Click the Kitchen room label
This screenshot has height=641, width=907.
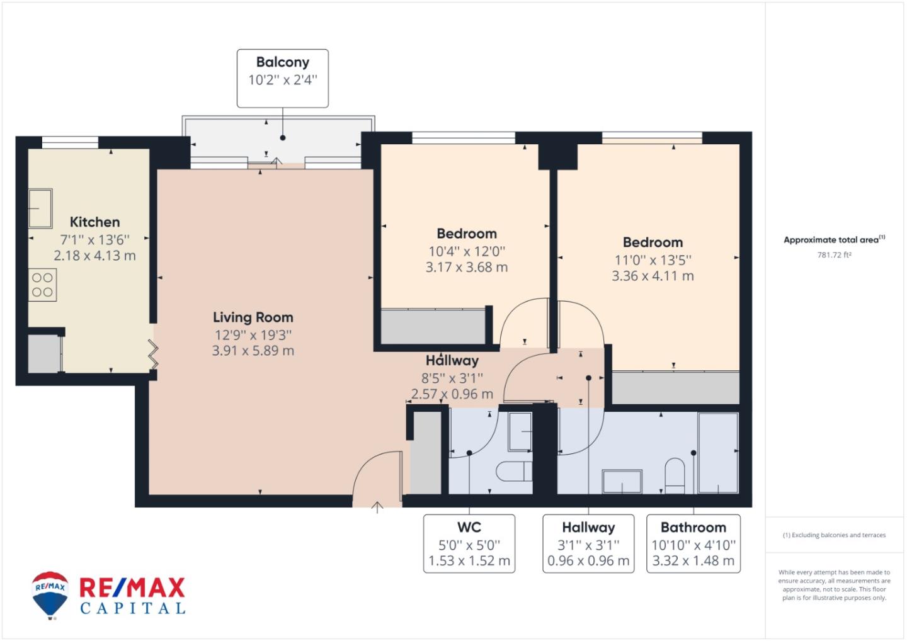pyautogui.click(x=94, y=222)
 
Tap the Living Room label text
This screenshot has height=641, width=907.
pyautogui.click(x=253, y=317)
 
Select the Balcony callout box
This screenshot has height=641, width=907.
pyautogui.click(x=283, y=79)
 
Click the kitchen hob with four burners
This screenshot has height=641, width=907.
pyautogui.click(x=43, y=285)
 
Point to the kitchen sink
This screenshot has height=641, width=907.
pyautogui.click(x=40, y=208)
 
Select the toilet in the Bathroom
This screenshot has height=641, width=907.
pyautogui.click(x=675, y=475)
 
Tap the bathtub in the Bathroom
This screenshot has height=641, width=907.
pyautogui.click(x=718, y=453)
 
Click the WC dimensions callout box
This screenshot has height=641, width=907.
pyautogui.click(x=469, y=543)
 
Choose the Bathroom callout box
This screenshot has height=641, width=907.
pyautogui.click(x=693, y=543)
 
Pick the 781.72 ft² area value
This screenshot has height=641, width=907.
pyautogui.click(x=834, y=255)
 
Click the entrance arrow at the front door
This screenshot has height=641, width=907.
pyautogui.click(x=377, y=508)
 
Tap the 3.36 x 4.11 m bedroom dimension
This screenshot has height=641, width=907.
pyautogui.click(x=653, y=276)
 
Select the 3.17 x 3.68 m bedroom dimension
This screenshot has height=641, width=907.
pyautogui.click(x=467, y=267)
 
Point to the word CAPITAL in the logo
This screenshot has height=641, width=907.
pyautogui.click(x=133, y=608)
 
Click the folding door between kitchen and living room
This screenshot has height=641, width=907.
pyautogui.click(x=154, y=355)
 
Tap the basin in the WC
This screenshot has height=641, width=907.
pyautogui.click(x=520, y=432)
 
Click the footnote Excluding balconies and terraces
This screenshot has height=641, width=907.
pyautogui.click(x=834, y=535)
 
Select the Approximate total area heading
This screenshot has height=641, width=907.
pyautogui.click(x=834, y=239)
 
